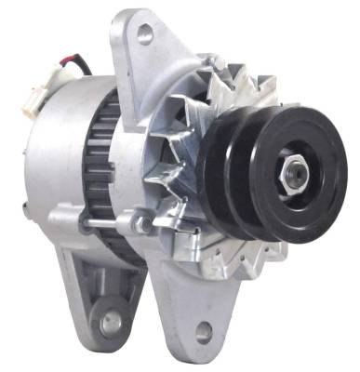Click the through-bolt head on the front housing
pyautogui.click(x=140, y=223)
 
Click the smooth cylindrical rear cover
pyautogui.click(x=56, y=158)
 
